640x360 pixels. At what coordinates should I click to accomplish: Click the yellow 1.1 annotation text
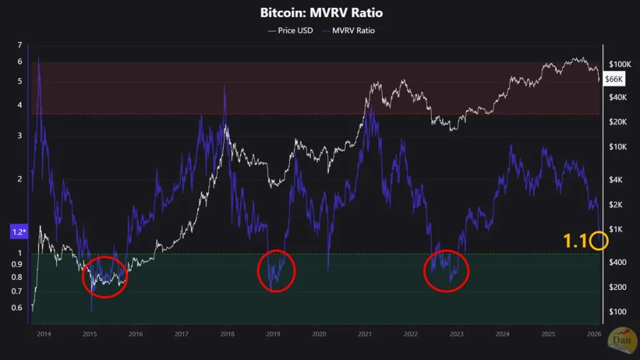click(575, 241)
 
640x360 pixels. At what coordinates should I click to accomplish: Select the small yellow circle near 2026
click(599, 241)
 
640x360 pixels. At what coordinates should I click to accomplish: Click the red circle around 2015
click(104, 276)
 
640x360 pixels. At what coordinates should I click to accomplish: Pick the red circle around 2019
click(276, 270)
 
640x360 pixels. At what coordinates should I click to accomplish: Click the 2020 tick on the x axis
click(318, 334)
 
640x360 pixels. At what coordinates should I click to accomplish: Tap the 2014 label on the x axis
click(43, 334)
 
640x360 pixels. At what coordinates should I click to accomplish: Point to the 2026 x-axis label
click(594, 334)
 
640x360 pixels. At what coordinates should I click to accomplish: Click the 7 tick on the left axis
click(19, 45)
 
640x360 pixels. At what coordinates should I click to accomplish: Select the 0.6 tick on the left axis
click(17, 307)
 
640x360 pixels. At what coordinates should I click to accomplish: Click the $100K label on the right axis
click(621, 64)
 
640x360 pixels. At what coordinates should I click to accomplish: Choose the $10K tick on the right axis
click(619, 147)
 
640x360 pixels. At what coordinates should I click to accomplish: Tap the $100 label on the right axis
click(618, 311)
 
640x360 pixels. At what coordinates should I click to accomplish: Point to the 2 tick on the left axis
click(19, 179)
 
